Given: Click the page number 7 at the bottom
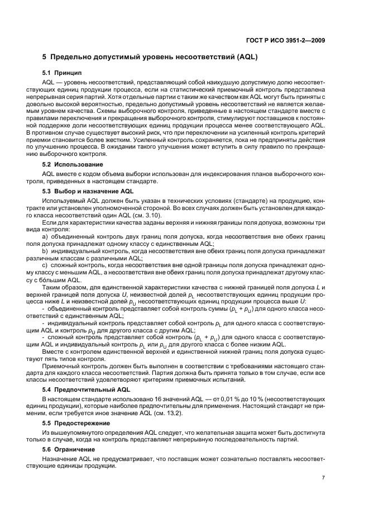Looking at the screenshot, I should [323, 477].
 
